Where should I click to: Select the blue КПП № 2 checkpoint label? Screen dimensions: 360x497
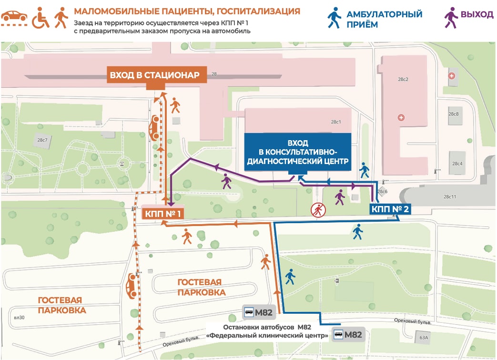pyautogui.click(x=389, y=209)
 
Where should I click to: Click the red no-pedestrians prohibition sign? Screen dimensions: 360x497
pyautogui.click(x=317, y=210)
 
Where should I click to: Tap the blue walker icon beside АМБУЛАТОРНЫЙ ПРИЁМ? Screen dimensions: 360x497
pyautogui.click(x=334, y=17)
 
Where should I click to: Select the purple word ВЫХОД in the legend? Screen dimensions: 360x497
pyautogui.click(x=477, y=14)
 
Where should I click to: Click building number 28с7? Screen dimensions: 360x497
pyautogui.click(x=42, y=140)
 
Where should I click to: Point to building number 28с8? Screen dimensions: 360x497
pyautogui.click(x=453, y=114)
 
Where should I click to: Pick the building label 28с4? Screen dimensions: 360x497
pyautogui.click(x=457, y=164)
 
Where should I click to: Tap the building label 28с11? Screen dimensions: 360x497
pyautogui.click(x=449, y=196)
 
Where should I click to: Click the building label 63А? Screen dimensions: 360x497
pyautogui.click(x=424, y=338)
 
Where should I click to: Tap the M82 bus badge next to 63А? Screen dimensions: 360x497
pyautogui.click(x=348, y=334)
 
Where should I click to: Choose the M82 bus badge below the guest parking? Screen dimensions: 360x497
pyautogui.click(x=258, y=313)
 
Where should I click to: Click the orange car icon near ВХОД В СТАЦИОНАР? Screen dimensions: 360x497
pyautogui.click(x=154, y=128)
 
